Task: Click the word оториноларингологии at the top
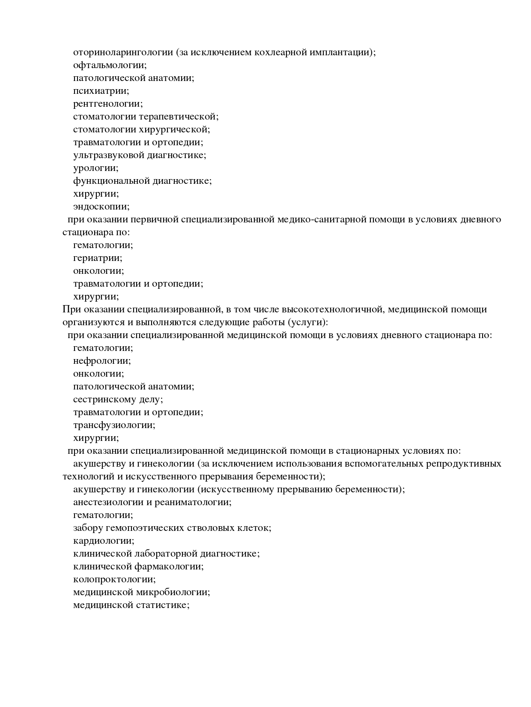click(123, 52)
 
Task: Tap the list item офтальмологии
click(110, 65)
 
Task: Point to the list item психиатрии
click(101, 91)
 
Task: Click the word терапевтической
click(185, 117)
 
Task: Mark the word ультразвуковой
click(109, 155)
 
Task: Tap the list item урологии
click(95, 168)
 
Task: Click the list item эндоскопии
click(101, 207)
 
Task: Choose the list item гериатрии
click(98, 258)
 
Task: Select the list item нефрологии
click(102, 361)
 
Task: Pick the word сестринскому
click(105, 399)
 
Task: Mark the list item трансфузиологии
click(114, 425)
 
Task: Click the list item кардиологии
click(104, 541)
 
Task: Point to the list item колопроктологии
click(114, 579)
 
